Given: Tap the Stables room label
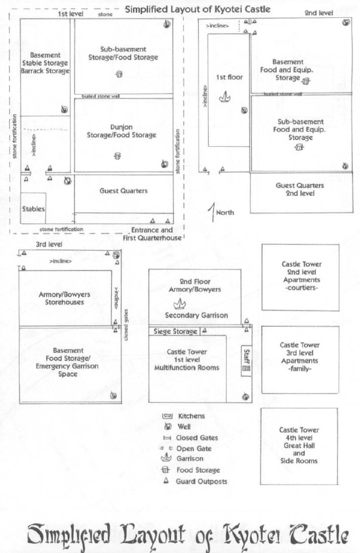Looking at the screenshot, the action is [33, 209].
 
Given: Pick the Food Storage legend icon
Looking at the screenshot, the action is [167, 470].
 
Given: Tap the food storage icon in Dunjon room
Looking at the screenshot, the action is [118, 156].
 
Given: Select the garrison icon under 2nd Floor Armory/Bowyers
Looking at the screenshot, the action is [179, 304].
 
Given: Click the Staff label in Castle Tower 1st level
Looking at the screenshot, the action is [246, 353].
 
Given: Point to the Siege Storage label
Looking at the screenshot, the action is [175, 332].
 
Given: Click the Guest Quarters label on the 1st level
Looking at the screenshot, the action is [123, 191].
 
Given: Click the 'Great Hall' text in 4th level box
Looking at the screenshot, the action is [300, 445].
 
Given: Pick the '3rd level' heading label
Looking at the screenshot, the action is [49, 244].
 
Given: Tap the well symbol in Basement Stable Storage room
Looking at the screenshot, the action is [64, 110].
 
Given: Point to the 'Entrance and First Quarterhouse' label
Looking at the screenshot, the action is [152, 234].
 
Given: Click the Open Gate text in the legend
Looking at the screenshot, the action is [194, 448].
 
